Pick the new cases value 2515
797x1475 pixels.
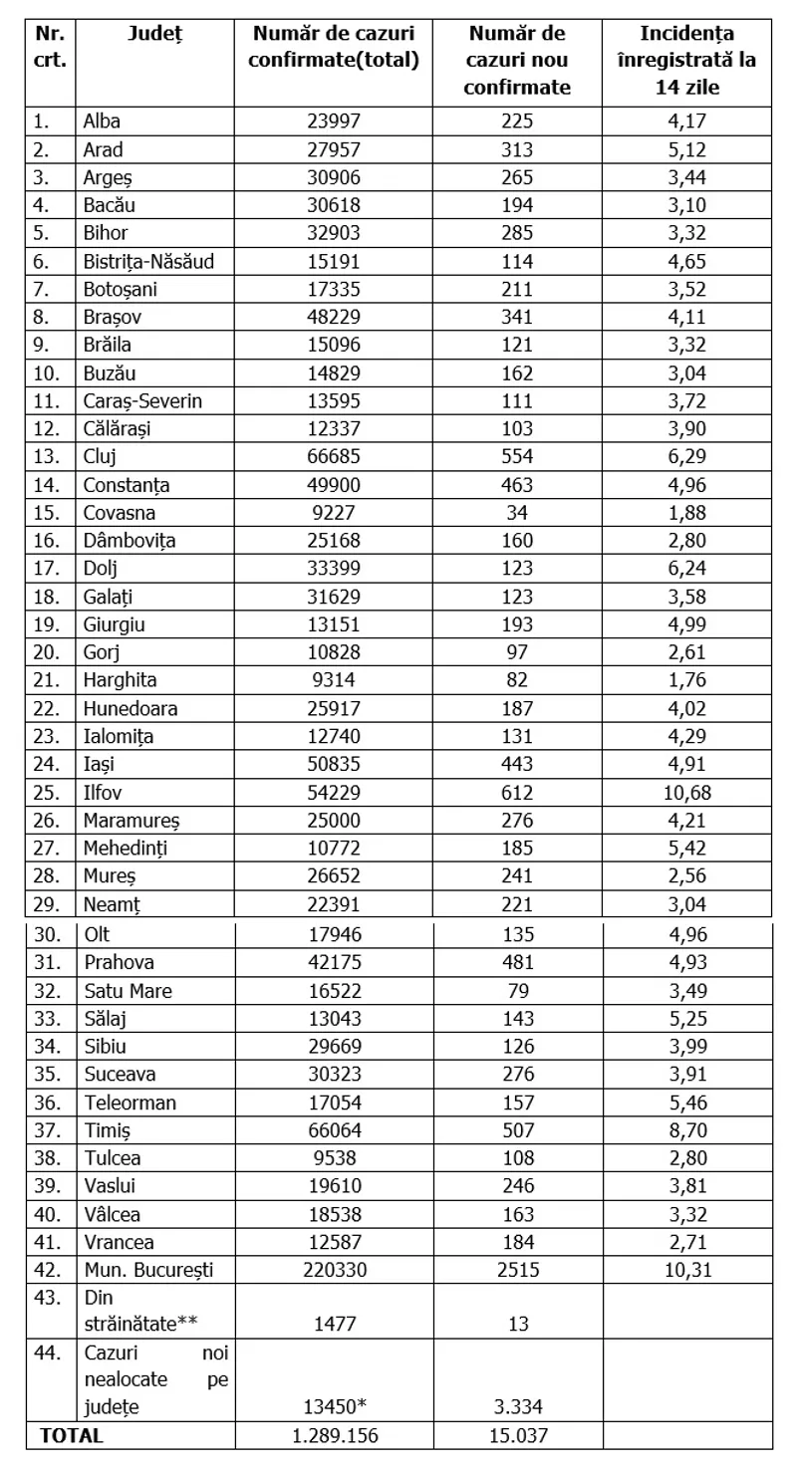[x=518, y=1270]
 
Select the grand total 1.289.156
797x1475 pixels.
[x=334, y=1435]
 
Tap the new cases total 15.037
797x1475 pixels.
[x=518, y=1435]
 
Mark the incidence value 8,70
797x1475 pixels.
[x=687, y=1130]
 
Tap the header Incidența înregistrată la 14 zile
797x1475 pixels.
[x=687, y=60]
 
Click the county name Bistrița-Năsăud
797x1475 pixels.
[x=147, y=263]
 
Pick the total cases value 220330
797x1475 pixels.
[x=334, y=1270]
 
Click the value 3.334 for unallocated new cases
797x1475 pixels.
[x=518, y=1406]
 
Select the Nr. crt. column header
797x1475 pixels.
[x=51, y=47]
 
